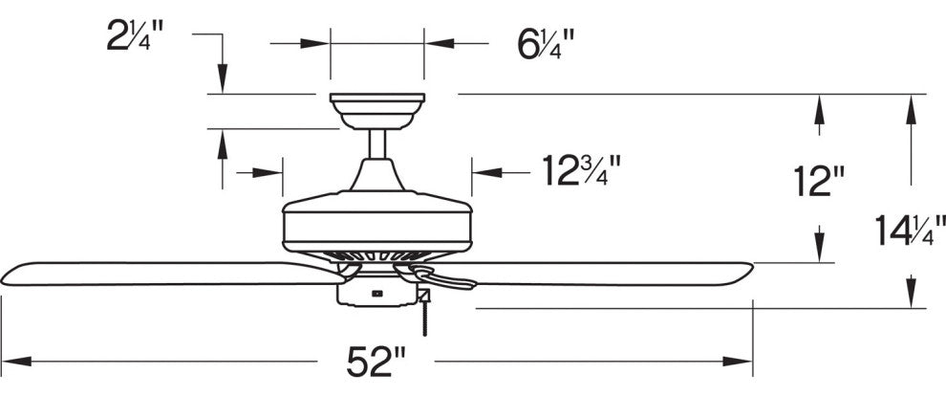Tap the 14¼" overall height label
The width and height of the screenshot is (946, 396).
point(908,231)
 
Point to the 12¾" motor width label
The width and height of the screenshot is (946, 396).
point(582,172)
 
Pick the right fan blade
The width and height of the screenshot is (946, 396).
point(612,273)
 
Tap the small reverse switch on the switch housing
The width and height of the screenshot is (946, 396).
point(376,292)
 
